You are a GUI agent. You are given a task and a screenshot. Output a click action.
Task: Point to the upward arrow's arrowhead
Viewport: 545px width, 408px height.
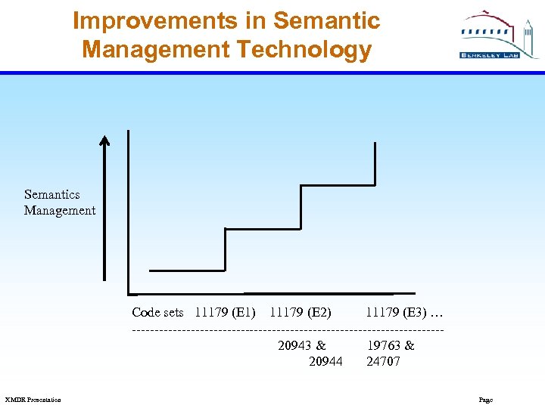104,140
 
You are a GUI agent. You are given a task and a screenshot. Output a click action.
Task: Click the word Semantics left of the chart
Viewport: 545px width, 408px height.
51,194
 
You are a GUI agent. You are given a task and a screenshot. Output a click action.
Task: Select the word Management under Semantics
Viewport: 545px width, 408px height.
60,211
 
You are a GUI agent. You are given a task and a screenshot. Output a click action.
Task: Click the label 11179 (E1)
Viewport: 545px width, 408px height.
225,312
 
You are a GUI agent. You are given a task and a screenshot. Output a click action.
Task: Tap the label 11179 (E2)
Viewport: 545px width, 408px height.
300,312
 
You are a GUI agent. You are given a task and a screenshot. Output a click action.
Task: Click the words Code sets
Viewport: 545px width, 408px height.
157,312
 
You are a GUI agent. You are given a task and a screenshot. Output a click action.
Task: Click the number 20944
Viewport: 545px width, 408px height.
325,361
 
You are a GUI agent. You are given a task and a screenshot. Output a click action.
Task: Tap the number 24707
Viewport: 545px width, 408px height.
383,361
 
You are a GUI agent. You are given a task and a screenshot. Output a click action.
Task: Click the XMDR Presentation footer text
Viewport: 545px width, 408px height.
33,400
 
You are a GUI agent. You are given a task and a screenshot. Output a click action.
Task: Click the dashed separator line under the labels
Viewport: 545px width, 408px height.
288,329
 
